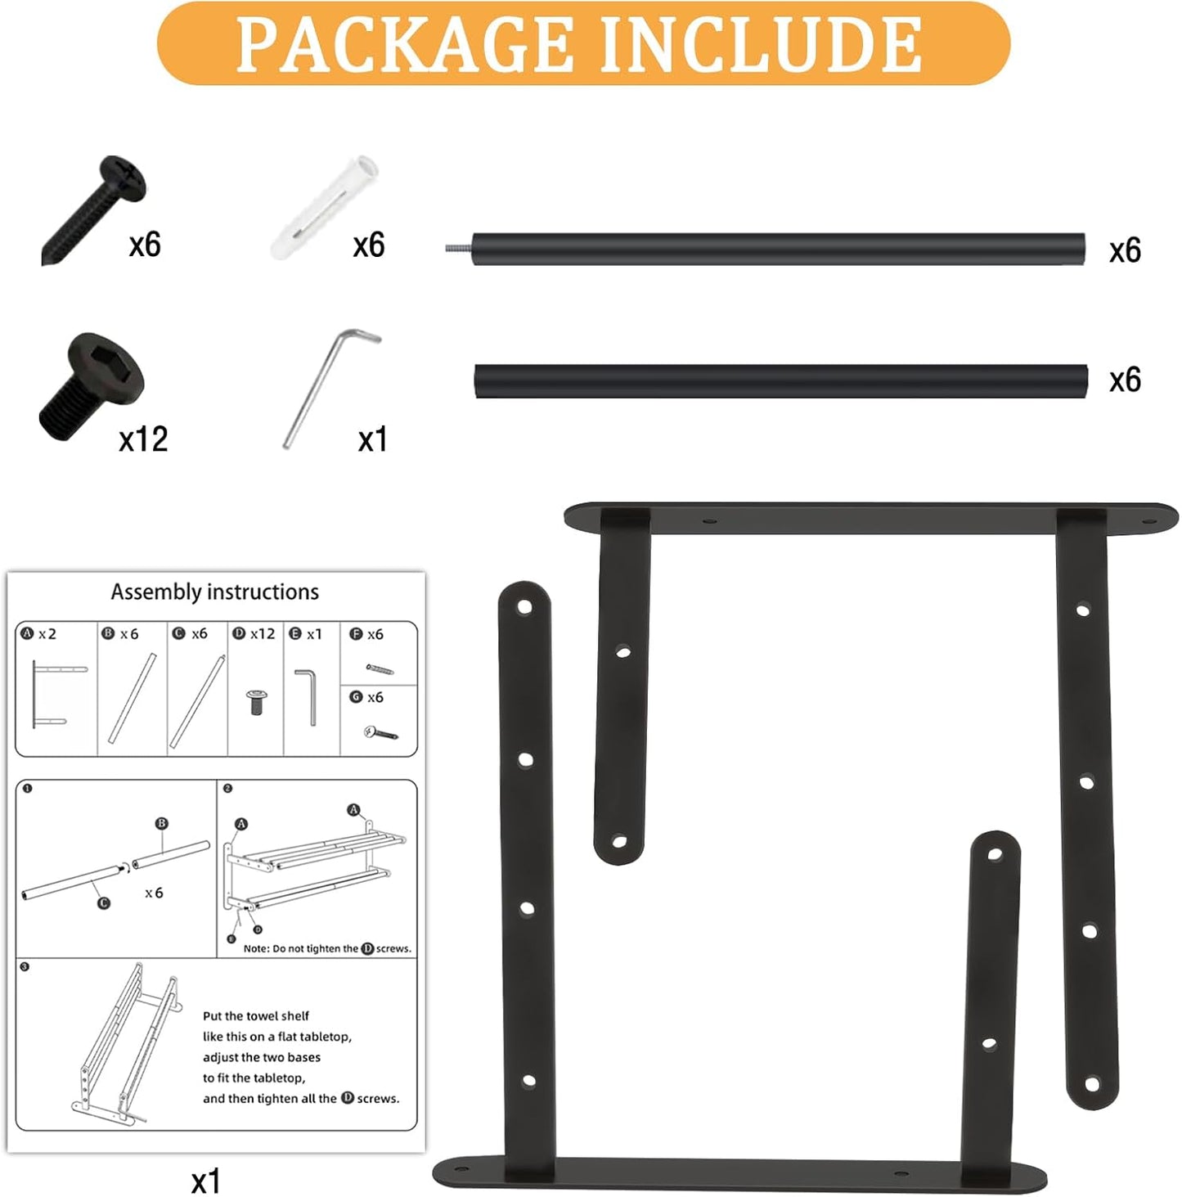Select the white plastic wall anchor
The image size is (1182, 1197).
point(325,208)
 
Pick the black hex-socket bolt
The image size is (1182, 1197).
point(91,386)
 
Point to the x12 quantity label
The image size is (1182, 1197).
point(143,439)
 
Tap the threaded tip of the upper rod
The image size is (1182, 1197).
point(458,248)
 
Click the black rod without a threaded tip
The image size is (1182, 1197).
point(780,381)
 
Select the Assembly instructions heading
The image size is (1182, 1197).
point(214,592)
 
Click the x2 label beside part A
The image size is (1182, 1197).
point(47,634)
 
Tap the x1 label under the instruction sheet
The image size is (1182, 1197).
point(205,1181)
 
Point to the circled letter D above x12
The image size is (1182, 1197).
point(239,634)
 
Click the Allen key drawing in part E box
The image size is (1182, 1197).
point(307,696)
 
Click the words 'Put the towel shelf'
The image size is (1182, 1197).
point(255,1016)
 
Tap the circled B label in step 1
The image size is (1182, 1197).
point(161,823)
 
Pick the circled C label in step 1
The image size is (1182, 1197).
point(103,903)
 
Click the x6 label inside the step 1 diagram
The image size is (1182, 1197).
point(154,893)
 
